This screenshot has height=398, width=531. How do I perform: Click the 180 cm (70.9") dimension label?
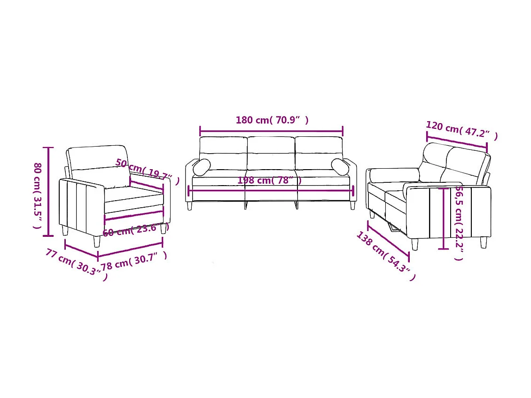click(272, 120)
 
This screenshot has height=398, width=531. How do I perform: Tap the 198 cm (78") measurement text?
click(269, 180)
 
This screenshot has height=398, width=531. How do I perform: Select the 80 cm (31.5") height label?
click(37, 195)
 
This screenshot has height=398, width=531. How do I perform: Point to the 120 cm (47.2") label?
click(461, 131)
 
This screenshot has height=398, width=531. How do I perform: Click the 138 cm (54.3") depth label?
click(385, 256)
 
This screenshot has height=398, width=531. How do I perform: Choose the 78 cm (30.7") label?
click(133, 260)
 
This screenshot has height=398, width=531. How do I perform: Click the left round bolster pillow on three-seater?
click(202, 167)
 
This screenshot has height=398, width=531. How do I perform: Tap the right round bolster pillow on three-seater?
click(340, 167)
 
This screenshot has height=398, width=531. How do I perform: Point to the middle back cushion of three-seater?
click(271, 153)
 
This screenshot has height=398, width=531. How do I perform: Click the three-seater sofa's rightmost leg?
click(353, 206)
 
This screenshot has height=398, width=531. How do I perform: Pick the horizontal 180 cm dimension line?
click(271, 132)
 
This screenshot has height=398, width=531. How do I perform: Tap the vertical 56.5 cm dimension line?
click(443, 219)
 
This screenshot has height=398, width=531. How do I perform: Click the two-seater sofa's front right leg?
click(483, 242)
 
